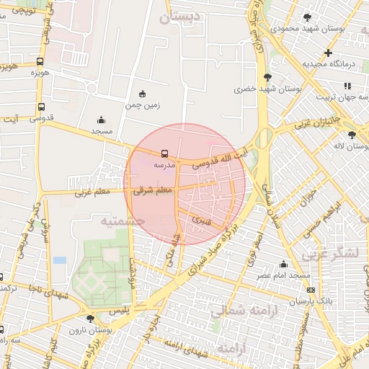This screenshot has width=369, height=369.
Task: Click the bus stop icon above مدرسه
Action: [x=165, y=153]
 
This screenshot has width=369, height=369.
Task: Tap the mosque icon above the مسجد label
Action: [x=101, y=120]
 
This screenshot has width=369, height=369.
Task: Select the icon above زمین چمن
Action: [x=141, y=94]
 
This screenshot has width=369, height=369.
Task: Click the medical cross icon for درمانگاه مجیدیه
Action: [x=328, y=53]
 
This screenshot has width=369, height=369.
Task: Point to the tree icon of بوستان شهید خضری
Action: [x=268, y=77]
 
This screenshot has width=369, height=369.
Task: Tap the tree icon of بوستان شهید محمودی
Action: [x=308, y=17]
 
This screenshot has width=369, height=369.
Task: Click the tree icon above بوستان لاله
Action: [x=352, y=135]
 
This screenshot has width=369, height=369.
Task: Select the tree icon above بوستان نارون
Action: [x=90, y=319]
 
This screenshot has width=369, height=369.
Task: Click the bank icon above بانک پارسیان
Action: [x=311, y=290]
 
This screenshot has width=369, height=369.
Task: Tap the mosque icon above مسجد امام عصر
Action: [x=283, y=264]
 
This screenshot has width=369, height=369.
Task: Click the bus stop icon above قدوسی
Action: [x=40, y=107]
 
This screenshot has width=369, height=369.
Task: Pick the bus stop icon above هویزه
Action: [x=40, y=61]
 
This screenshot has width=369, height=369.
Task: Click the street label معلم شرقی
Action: [x=153, y=190]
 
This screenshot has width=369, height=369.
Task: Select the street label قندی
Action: [x=200, y=218]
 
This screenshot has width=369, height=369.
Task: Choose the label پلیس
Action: [x=117, y=309]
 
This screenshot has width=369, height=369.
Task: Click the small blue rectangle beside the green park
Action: [x=59, y=259]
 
